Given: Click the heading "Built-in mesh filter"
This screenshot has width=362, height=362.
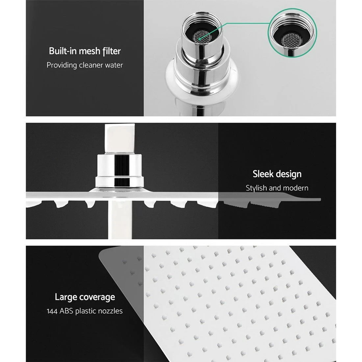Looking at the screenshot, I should pyautogui.click(x=85, y=51).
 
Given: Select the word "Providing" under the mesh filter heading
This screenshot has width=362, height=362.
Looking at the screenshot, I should pyautogui.click(x=62, y=65).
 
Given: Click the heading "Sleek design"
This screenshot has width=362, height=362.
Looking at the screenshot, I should pyautogui.click(x=277, y=174).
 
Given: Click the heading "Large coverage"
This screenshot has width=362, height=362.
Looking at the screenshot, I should pyautogui.click(x=85, y=297).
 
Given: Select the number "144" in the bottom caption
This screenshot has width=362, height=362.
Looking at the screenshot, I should pyautogui.click(x=53, y=311).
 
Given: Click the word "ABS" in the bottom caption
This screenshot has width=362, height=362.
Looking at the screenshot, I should pyautogui.click(x=67, y=311).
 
